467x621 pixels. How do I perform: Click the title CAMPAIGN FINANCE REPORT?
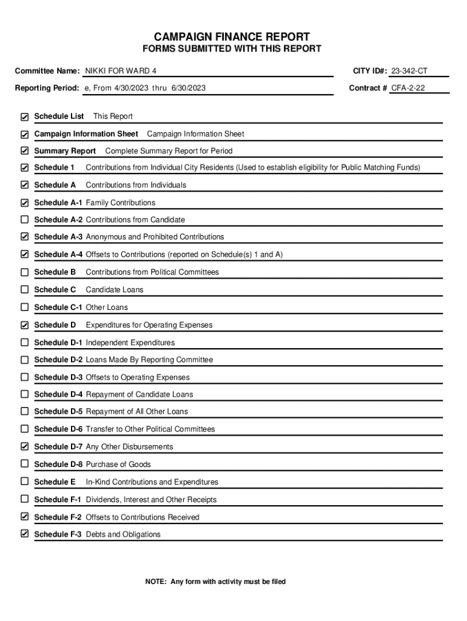233,36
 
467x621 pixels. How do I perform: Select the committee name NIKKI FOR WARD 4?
120,71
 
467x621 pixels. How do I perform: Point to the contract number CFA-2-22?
408,88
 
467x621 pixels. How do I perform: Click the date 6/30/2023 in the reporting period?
188,88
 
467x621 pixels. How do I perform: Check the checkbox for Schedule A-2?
25,220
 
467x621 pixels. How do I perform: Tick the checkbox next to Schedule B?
25,272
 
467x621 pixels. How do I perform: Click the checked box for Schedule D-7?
25,446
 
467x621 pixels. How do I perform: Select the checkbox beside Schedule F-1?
25,499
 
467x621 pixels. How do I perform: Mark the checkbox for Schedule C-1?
25,307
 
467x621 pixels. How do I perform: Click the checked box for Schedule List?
25,116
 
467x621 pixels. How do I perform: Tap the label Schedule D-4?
58,394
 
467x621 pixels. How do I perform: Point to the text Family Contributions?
120,203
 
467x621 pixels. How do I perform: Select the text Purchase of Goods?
118,465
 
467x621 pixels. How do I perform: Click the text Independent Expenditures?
130,343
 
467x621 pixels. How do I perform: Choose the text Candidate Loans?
115,290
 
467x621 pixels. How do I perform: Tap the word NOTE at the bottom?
156,582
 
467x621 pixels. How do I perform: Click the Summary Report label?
65,151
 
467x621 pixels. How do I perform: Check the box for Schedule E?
25,482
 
